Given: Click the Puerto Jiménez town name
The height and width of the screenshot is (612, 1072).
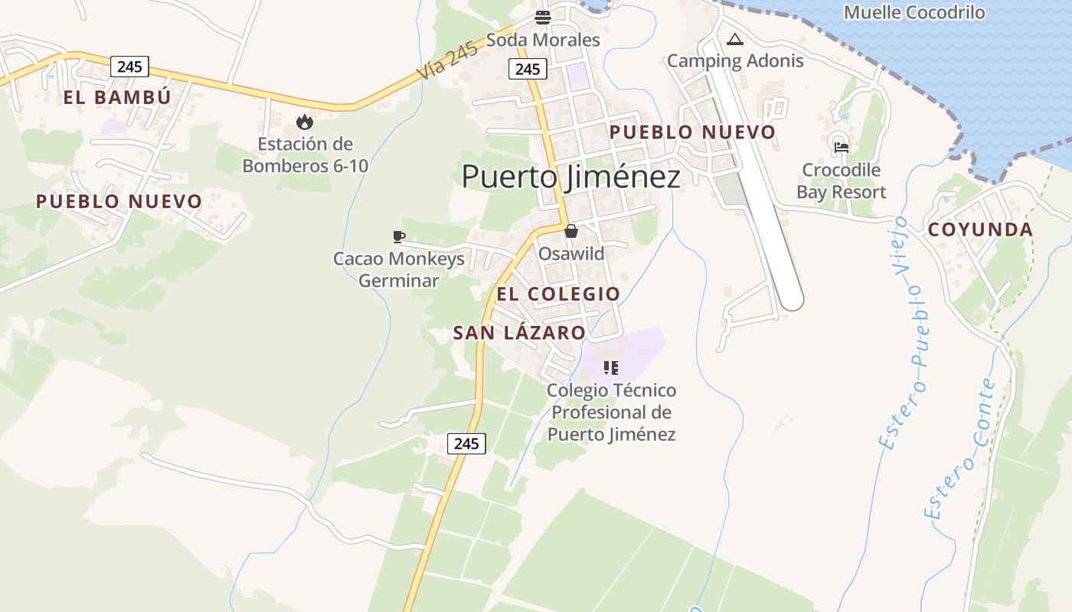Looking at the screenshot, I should coord(570,177).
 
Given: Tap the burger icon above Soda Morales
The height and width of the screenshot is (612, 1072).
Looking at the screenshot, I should coord(543,18).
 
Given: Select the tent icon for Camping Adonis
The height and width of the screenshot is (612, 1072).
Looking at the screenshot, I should coord(735,39).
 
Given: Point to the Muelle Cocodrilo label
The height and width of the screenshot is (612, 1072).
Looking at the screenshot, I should coord(914,12).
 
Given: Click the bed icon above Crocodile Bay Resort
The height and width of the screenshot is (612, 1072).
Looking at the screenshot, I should coord(842,148).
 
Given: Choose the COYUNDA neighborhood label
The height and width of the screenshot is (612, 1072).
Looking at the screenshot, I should coord(980,229).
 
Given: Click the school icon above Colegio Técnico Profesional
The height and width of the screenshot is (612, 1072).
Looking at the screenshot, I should coord(610,368).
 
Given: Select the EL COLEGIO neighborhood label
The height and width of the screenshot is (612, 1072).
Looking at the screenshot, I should coord(558,295).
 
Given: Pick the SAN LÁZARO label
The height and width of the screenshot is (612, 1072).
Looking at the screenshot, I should coord(519,333).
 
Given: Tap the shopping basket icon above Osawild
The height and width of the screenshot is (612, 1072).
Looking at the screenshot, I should coord(571,231).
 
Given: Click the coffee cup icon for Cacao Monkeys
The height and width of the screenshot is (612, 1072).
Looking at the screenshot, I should coord(398,236).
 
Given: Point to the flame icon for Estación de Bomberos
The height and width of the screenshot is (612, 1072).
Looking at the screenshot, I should coord(305,122).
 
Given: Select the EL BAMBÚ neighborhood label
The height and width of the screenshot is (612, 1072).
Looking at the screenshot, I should coord(117,98).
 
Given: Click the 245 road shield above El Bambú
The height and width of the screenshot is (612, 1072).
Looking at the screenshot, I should coord(129,67).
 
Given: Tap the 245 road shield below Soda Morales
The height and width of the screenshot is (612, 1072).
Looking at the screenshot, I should coord(528,69).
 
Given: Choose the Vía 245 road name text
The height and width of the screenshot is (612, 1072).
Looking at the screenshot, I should coord(448,60).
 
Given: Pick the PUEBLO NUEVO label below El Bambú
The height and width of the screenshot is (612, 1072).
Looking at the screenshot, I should coord(119,202).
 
